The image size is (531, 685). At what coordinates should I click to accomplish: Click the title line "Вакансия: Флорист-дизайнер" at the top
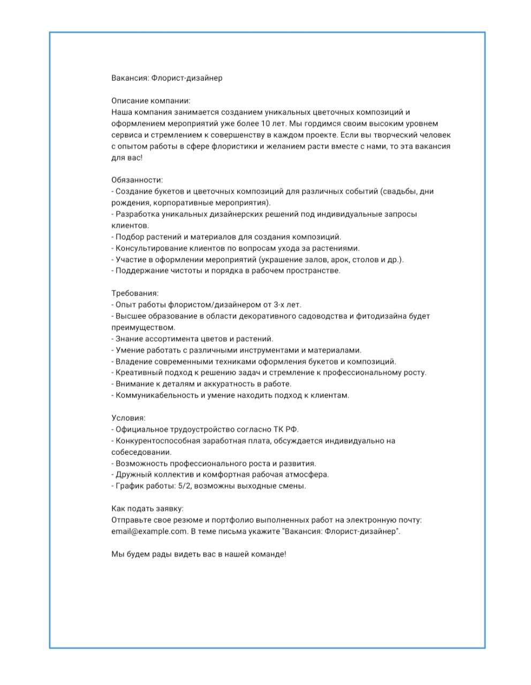coord(166,78)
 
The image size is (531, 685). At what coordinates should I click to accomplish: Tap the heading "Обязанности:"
coord(137,180)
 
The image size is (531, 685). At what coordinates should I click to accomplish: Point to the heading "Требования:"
coord(135,293)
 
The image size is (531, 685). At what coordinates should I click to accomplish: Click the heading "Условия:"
coord(128,418)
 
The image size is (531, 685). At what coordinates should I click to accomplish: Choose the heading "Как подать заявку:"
coord(147,508)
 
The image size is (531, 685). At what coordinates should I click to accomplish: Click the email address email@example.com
coord(149,531)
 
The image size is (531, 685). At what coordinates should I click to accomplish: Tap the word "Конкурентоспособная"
coord(157,441)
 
